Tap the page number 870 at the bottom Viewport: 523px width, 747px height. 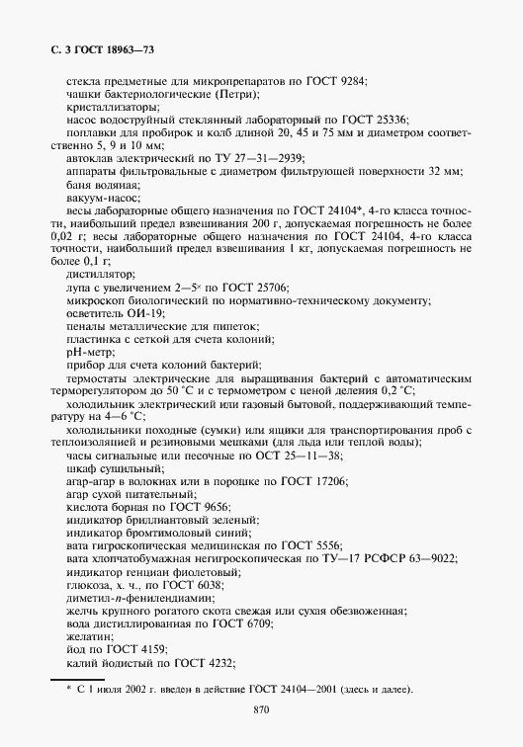[x=261, y=710]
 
